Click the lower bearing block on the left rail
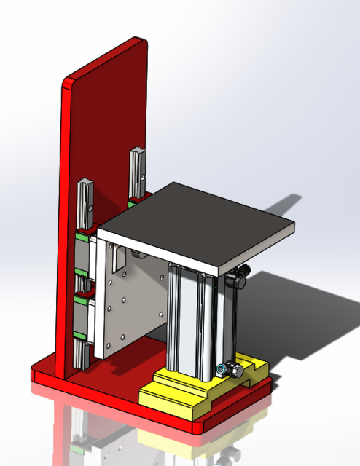83,317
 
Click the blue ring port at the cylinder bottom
220,370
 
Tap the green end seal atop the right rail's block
136,197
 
